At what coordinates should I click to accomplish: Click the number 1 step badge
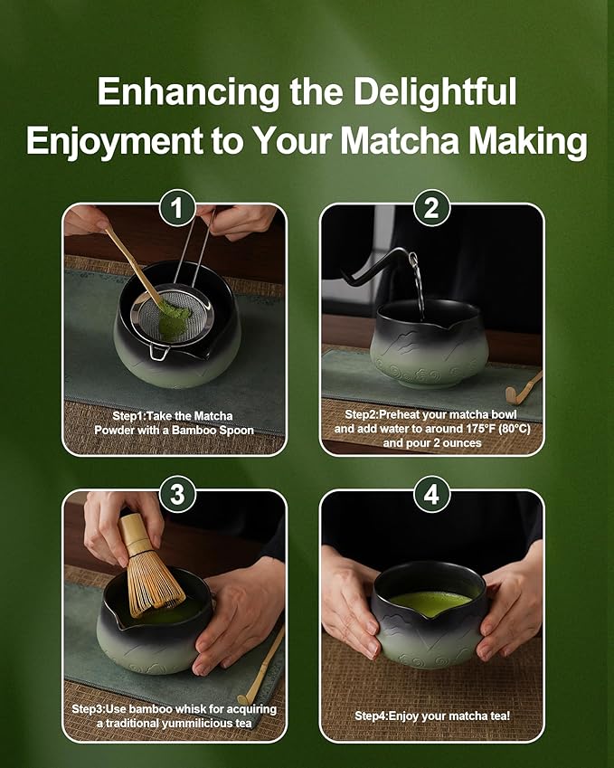177,208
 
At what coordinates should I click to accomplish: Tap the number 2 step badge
431,208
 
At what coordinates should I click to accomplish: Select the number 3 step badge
177,495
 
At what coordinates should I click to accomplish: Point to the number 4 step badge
431,495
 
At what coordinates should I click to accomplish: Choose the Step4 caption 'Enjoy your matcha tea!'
431,716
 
